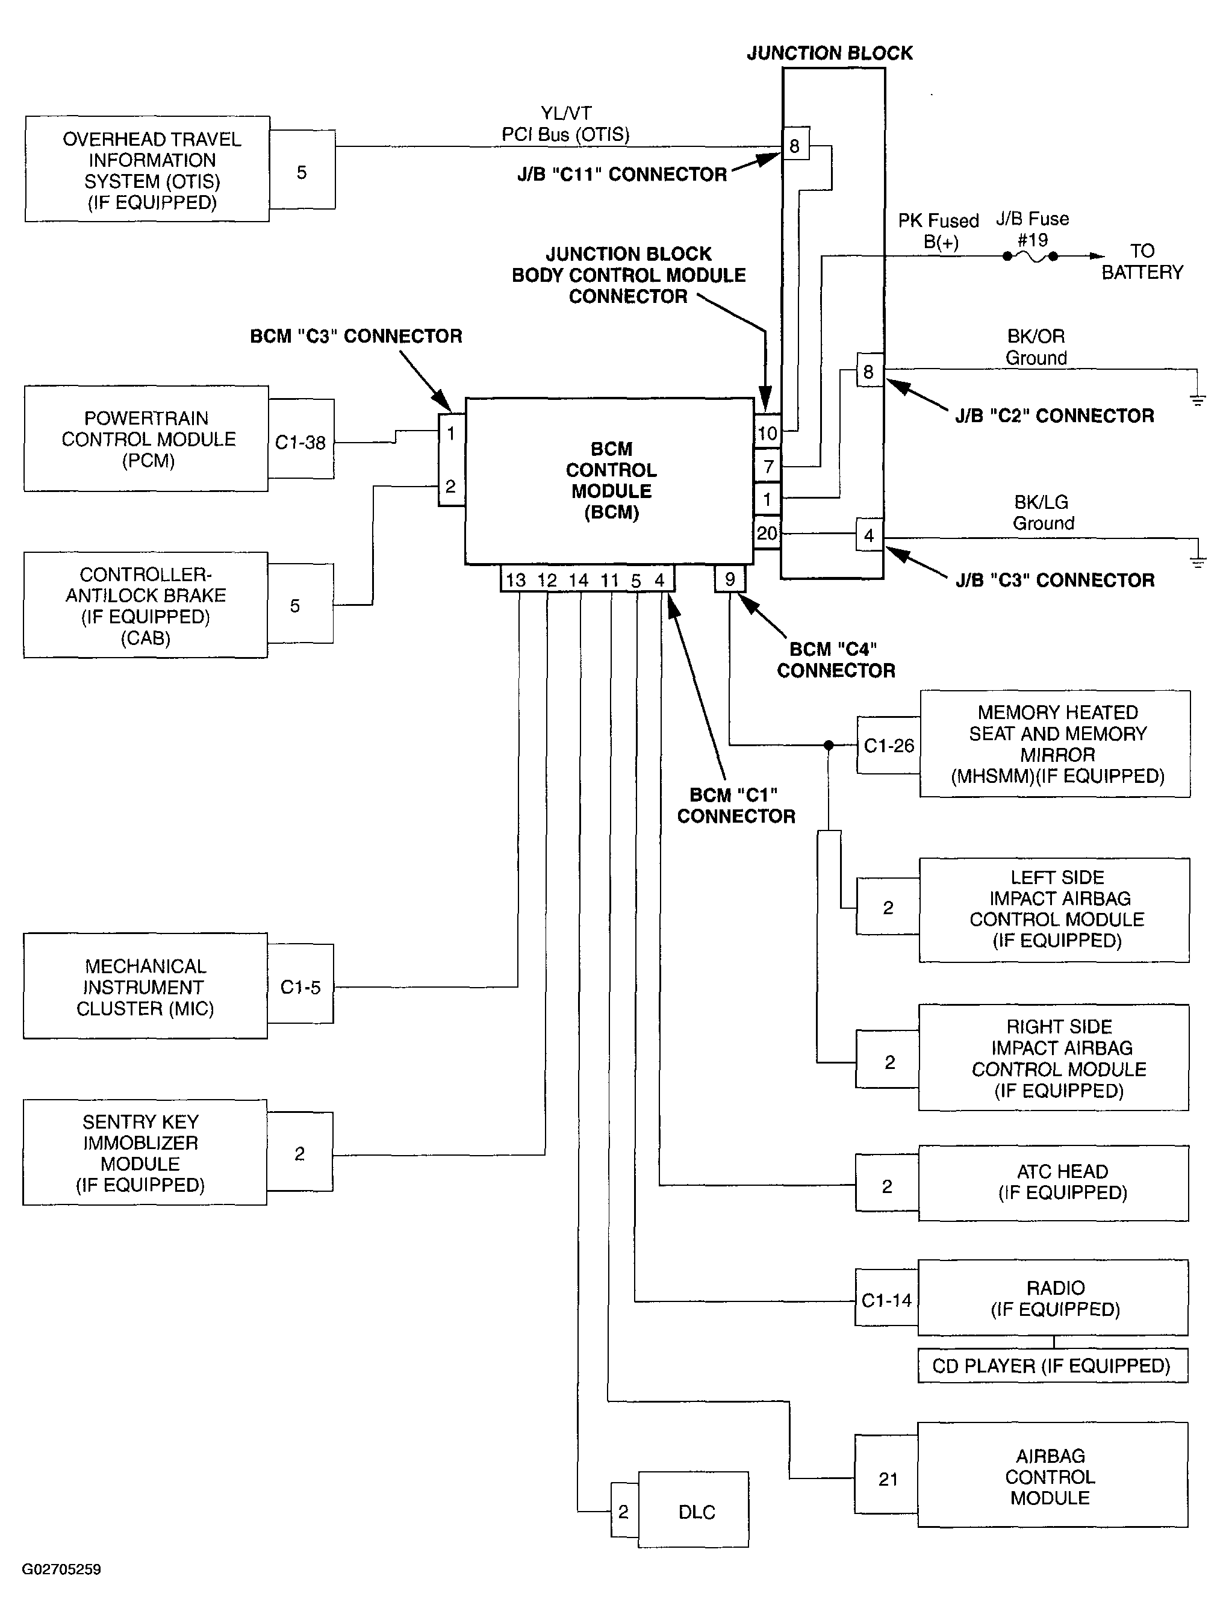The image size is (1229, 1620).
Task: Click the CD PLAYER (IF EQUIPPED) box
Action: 1052,1366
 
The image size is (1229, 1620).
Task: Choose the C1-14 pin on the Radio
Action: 886,1301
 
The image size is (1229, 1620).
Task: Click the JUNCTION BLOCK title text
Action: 830,53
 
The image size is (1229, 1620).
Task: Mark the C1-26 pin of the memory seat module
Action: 888,746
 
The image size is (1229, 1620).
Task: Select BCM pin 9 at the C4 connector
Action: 729,579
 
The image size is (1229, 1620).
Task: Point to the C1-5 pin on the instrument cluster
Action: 300,987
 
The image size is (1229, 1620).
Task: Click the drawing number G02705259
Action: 61,1569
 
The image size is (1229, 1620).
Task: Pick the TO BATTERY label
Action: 1142,261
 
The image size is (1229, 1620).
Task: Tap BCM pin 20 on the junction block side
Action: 767,533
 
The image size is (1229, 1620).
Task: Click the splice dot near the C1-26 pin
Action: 829,746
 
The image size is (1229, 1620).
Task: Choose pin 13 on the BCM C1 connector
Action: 515,580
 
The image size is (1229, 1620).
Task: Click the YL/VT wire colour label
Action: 565,113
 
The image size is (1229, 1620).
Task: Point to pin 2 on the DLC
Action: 623,1512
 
